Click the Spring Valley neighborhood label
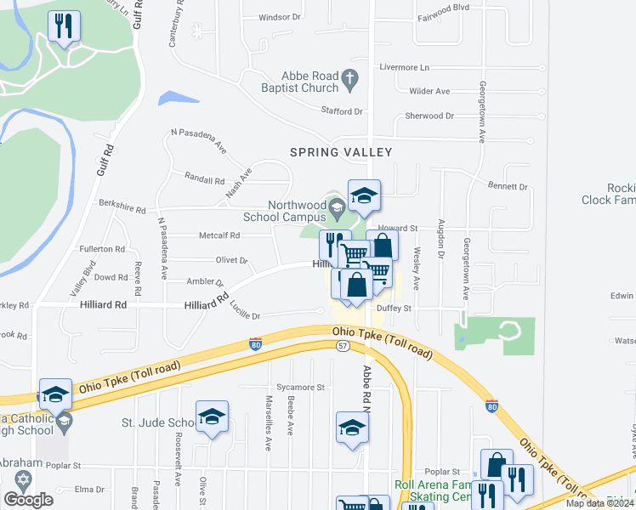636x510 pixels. [341, 152]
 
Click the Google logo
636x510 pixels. [28, 500]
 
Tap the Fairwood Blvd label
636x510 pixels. [443, 6]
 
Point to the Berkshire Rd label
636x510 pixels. [122, 208]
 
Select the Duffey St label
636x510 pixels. [395, 309]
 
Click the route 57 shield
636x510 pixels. [343, 345]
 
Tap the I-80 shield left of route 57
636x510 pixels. [255, 344]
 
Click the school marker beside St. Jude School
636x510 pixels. [212, 416]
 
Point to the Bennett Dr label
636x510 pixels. [508, 186]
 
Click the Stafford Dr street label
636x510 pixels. [342, 111]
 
